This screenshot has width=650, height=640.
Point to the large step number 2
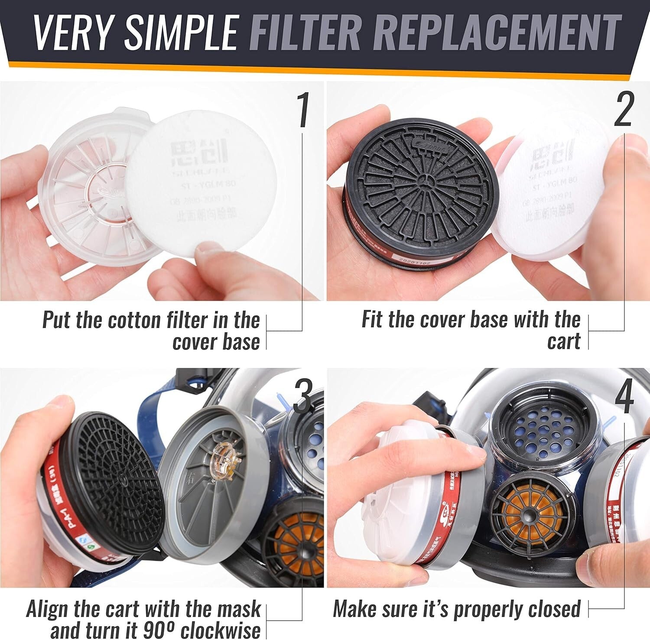tap(623, 110)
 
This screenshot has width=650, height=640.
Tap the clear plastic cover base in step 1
tap(87, 191)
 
